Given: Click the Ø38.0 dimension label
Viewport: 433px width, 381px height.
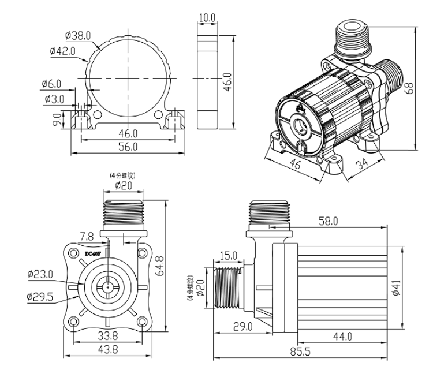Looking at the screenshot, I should [x=79, y=36].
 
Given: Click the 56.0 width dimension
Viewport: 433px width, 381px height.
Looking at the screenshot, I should [x=128, y=147].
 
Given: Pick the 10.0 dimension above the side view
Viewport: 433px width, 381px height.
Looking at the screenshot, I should [x=206, y=17].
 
